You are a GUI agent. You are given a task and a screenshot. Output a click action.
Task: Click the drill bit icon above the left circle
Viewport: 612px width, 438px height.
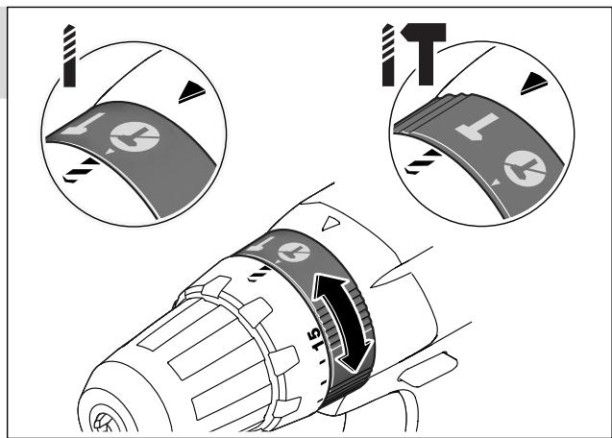69,56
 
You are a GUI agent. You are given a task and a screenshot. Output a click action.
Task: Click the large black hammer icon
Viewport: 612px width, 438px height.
425,54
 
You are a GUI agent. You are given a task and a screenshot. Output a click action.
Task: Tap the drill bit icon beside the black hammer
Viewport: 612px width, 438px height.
388,55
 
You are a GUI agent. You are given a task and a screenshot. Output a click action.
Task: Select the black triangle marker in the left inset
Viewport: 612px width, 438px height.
191,92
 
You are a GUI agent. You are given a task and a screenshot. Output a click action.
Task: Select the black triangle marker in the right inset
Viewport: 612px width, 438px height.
534,84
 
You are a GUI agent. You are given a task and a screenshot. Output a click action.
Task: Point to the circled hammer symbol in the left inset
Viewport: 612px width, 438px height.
135,137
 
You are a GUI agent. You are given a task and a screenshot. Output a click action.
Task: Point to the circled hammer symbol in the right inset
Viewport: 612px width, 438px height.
525,168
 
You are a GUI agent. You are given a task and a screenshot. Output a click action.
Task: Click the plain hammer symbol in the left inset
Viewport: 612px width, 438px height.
83,124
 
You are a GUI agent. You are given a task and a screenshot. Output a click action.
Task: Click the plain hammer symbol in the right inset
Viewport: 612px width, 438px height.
477,127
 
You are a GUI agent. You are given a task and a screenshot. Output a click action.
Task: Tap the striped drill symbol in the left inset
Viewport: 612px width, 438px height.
81,170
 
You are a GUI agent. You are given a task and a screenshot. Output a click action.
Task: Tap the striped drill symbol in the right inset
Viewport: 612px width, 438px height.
423,161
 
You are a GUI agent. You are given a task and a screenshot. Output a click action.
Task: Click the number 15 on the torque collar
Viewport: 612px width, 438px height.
314,339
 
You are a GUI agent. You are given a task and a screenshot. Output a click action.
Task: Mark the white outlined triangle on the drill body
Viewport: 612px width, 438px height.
330,223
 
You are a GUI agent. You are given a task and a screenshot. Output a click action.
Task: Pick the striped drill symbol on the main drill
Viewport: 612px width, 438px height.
259,273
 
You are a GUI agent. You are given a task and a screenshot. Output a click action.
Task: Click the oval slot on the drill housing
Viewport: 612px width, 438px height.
428,369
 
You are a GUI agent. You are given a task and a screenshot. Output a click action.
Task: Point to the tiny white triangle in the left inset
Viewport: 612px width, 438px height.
110,151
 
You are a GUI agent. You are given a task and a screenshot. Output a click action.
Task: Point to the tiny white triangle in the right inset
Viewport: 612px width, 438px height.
496,182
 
